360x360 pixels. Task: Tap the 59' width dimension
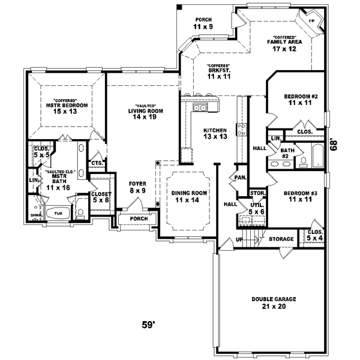coord(148,326)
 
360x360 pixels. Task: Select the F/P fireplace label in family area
coord(311,22)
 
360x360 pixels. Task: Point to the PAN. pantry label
coord(239,178)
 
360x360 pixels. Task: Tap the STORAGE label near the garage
coord(281,239)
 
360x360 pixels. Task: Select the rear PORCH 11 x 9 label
coord(203,23)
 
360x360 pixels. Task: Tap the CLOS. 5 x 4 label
coord(315,235)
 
